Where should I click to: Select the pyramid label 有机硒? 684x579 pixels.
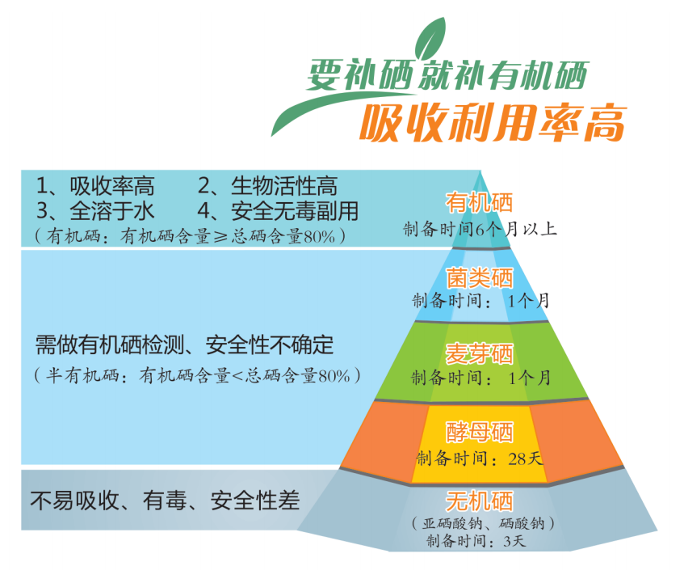coord(479,203)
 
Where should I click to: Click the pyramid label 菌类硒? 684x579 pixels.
coord(480,279)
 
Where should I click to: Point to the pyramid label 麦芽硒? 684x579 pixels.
coord(480,355)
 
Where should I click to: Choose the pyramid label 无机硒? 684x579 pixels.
coord(480,500)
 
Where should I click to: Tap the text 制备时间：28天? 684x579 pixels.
coord(480,459)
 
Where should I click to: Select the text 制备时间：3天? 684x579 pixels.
coord(480,541)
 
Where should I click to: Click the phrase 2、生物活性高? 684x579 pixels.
coord(267,187)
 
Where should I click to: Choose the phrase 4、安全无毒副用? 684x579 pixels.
coord(278,211)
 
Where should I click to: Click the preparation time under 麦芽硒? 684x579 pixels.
coord(480,378)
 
